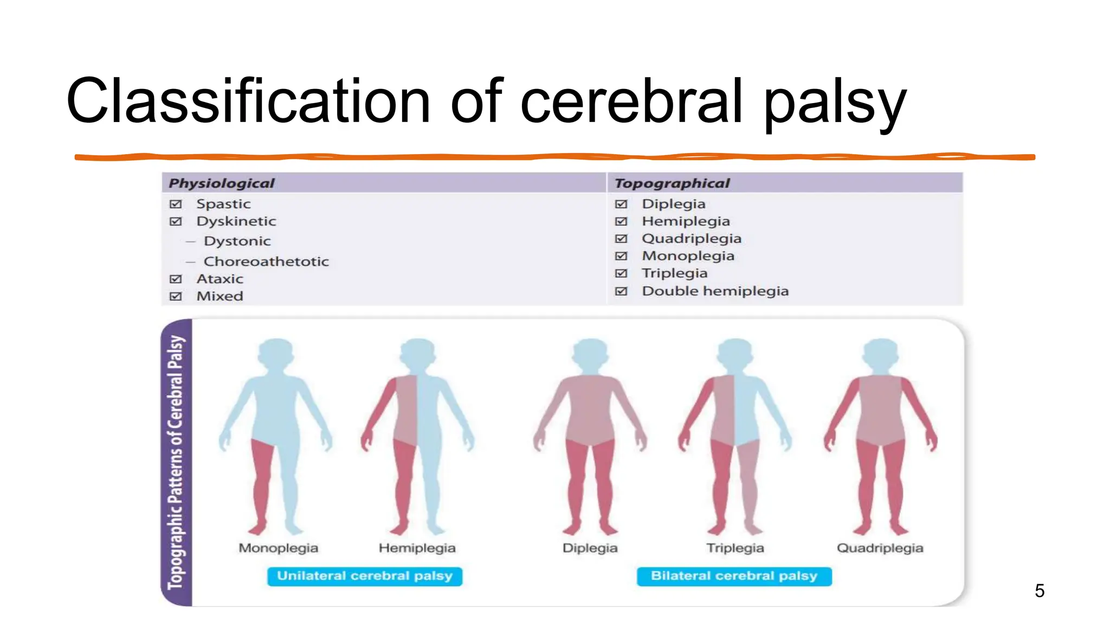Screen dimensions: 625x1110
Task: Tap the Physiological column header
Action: coord(222,183)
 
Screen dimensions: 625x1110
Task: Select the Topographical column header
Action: coord(672,183)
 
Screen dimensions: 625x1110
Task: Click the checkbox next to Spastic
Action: coord(176,204)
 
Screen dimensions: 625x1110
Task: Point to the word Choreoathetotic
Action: coord(266,262)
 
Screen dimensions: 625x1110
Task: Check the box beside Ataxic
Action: coord(176,279)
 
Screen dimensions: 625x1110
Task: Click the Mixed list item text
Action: coord(220,296)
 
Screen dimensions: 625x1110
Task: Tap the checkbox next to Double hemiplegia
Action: coord(621,291)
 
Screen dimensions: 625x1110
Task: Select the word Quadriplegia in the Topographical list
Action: coord(692,239)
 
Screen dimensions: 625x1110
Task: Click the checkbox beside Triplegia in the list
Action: coord(621,273)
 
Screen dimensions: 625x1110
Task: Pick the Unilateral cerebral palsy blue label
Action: coord(364,576)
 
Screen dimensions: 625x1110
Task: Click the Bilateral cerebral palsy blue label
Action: coord(734,576)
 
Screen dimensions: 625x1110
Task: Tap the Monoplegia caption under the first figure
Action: coord(278,548)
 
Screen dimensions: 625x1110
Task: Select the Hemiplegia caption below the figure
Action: coord(417,548)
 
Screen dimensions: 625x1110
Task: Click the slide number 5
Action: coord(1039,590)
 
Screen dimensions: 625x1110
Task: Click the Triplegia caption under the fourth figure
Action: coord(735,548)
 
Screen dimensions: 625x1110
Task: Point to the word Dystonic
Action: coord(237,241)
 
